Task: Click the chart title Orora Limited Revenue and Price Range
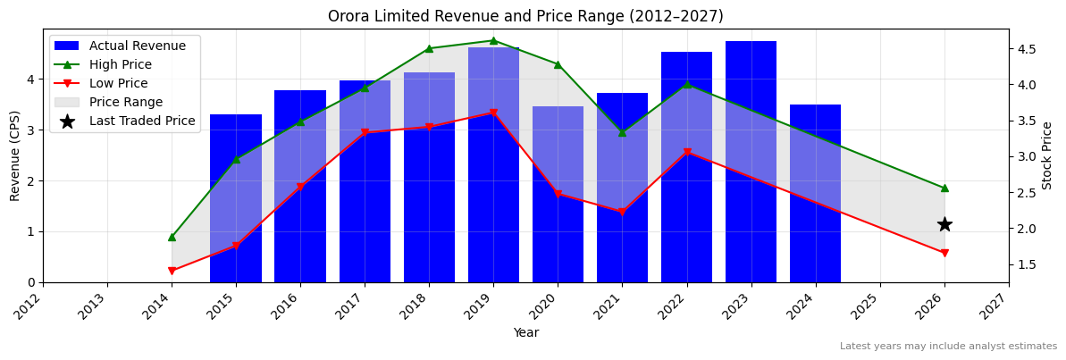(x=525, y=16)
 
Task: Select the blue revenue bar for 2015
(x=236, y=198)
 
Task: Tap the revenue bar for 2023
(x=751, y=162)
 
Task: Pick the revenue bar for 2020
(x=558, y=194)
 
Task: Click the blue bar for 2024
(x=815, y=193)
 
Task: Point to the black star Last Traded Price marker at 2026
(x=944, y=224)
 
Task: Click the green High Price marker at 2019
(x=493, y=40)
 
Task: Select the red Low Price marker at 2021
(x=622, y=213)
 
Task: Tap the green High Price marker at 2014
(x=172, y=237)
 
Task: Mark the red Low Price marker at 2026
(x=944, y=253)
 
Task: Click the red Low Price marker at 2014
(x=172, y=271)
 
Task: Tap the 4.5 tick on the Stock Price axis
(x=1028, y=48)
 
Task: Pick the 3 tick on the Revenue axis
(x=29, y=130)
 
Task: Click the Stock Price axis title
(x=1047, y=155)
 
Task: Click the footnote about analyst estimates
(x=948, y=347)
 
